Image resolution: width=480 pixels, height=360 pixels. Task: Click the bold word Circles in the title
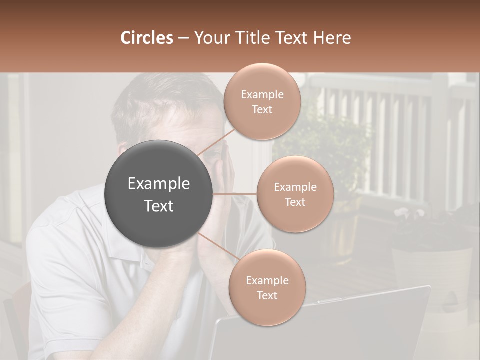pos(146,38)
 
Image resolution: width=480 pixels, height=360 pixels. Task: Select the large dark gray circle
pos(159,194)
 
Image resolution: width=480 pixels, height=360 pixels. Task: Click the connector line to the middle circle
pos(235,194)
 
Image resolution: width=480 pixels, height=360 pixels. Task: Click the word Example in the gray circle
pos(159,184)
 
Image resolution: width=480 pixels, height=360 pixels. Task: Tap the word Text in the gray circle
pos(159,206)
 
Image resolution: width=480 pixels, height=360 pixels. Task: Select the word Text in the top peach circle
pos(262,110)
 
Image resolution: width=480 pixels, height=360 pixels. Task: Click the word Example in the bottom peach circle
pos(267,281)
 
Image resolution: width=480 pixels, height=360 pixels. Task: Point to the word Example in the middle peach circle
pos(295,187)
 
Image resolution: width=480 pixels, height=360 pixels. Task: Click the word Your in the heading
pos(210,38)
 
